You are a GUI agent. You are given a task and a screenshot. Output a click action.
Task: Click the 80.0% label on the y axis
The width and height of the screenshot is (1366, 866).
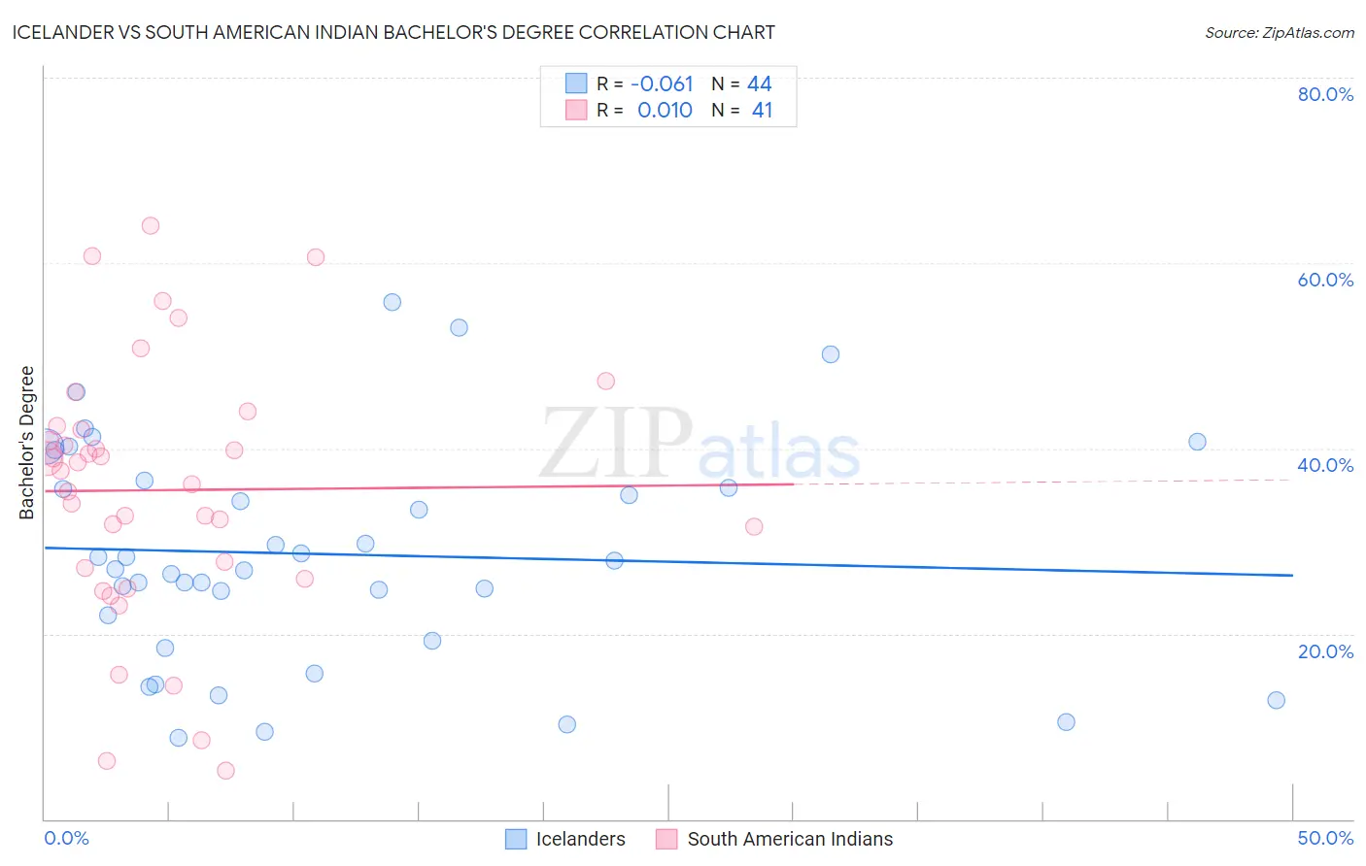1325,94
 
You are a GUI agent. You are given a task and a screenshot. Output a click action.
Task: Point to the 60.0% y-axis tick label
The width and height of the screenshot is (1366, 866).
1325,280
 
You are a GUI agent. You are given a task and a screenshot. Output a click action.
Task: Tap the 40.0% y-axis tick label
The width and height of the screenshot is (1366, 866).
1325,465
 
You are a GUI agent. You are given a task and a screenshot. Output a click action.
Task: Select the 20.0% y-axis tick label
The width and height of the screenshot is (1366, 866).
1325,651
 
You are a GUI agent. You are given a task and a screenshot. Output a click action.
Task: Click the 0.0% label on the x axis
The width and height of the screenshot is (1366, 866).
66,838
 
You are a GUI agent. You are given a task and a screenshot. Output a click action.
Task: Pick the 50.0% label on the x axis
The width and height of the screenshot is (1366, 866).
1325,838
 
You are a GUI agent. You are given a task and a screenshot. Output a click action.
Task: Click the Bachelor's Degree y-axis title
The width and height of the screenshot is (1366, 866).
27,443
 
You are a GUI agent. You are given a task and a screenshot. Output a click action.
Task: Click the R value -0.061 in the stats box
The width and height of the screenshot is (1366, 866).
662,84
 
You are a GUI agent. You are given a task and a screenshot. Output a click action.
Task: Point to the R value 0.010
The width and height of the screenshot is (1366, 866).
665,111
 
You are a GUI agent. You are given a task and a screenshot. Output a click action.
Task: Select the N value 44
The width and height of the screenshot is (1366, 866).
759,84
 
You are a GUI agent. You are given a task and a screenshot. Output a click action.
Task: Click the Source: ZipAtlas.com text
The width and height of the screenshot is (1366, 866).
1279,33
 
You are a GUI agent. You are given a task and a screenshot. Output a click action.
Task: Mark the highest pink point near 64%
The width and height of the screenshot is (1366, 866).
150,225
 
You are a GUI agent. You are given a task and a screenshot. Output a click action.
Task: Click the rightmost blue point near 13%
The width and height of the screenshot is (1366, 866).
1276,700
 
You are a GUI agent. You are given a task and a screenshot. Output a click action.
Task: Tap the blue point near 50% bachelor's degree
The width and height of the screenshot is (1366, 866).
830,354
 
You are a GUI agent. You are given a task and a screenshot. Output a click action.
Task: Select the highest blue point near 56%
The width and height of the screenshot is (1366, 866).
392,302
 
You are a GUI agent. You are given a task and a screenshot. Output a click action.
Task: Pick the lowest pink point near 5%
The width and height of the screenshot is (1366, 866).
225,771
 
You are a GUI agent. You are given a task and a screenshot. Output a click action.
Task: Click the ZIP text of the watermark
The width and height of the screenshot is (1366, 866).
616,443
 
